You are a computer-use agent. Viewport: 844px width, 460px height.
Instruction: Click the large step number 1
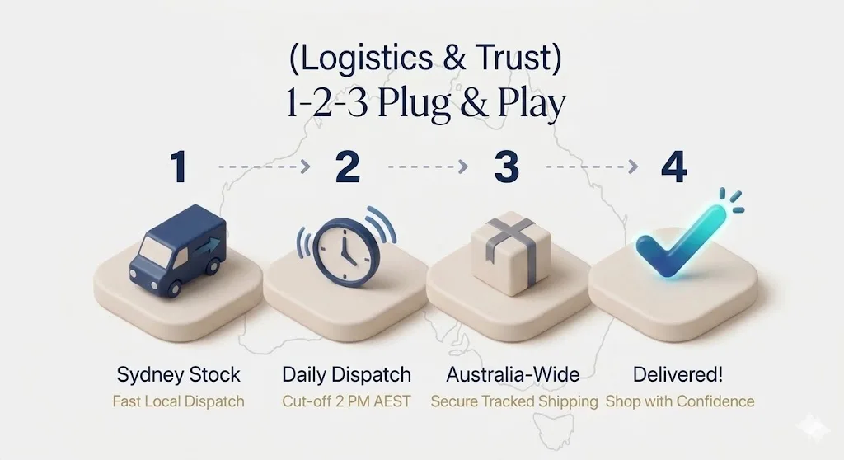coord(179,167)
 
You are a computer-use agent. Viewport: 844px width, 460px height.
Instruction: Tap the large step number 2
coord(347,167)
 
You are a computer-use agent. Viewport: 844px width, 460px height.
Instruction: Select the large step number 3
coord(507,167)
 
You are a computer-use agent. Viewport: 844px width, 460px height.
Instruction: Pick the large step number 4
coord(674,167)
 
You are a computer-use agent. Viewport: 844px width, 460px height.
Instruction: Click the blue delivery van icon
coord(178,251)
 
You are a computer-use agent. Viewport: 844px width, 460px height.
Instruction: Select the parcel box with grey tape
coord(510,252)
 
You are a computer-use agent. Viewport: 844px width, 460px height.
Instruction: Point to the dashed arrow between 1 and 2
coord(265,167)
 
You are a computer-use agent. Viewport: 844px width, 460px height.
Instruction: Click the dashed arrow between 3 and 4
coord(592,167)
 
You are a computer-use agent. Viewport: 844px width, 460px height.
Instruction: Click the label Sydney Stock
coord(179,374)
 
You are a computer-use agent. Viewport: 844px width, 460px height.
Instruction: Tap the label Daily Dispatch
coord(347,374)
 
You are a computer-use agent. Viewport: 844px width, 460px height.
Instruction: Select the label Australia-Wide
coord(513,374)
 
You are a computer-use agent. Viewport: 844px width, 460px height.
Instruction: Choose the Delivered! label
coord(678,374)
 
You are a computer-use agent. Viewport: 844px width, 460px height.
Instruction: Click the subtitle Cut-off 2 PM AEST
coord(347,401)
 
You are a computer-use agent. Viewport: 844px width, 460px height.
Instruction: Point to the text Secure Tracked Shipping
coord(514,401)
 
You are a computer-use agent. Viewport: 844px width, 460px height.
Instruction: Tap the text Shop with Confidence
coord(680,401)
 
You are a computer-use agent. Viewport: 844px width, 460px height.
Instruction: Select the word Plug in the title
coord(414,103)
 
